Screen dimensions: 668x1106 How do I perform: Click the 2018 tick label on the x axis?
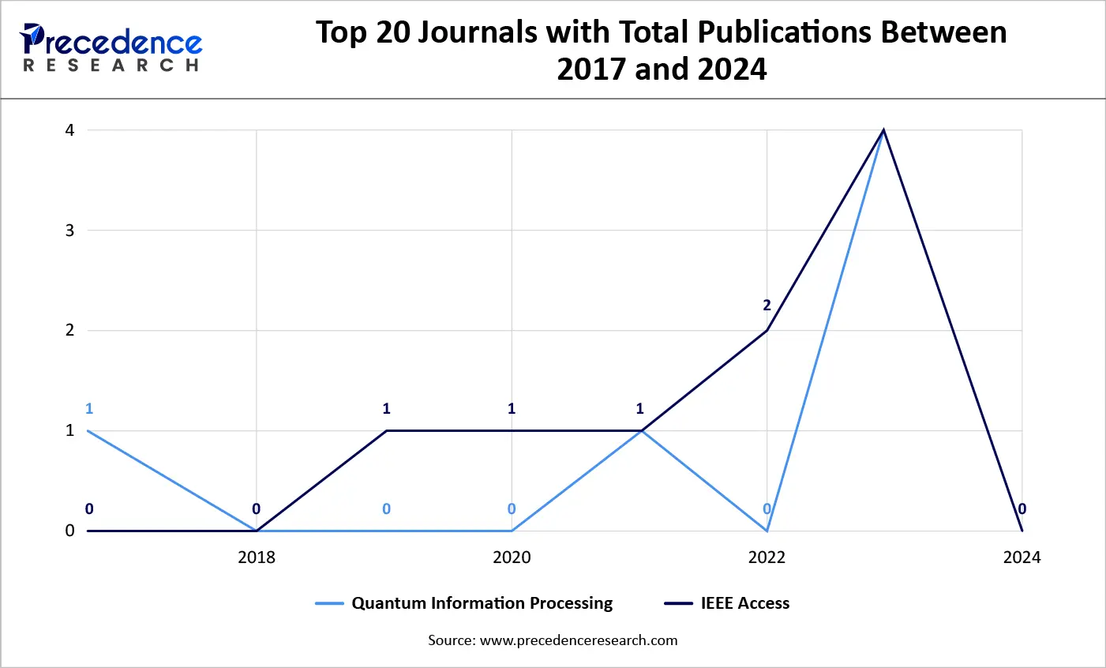coord(257,557)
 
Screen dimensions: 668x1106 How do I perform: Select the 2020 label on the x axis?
coord(512,557)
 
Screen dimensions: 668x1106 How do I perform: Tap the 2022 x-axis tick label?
coord(767,557)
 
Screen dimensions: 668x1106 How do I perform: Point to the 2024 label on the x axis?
coord(1022,557)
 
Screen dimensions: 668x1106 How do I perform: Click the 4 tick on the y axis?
coord(70,130)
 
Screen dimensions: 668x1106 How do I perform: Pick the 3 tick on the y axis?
coord(70,231)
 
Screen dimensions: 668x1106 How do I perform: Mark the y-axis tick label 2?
coord(70,330)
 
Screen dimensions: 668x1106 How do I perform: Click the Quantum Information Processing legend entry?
coord(482,603)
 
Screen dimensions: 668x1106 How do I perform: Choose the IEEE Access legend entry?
coord(744,603)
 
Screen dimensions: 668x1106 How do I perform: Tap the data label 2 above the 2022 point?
coord(767,306)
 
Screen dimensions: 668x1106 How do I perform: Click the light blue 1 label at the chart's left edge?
coord(89,408)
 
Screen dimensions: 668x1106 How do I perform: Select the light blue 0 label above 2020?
coord(512,509)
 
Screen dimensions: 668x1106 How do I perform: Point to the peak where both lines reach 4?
coord(883,130)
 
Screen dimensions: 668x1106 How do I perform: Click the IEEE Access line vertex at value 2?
coord(767,330)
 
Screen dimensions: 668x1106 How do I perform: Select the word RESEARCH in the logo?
coord(111,66)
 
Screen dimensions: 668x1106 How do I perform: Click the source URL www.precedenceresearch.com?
coord(579,640)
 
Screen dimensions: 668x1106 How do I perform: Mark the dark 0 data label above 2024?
coord(1022,509)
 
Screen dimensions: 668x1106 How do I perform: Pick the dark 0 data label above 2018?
coord(256,509)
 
